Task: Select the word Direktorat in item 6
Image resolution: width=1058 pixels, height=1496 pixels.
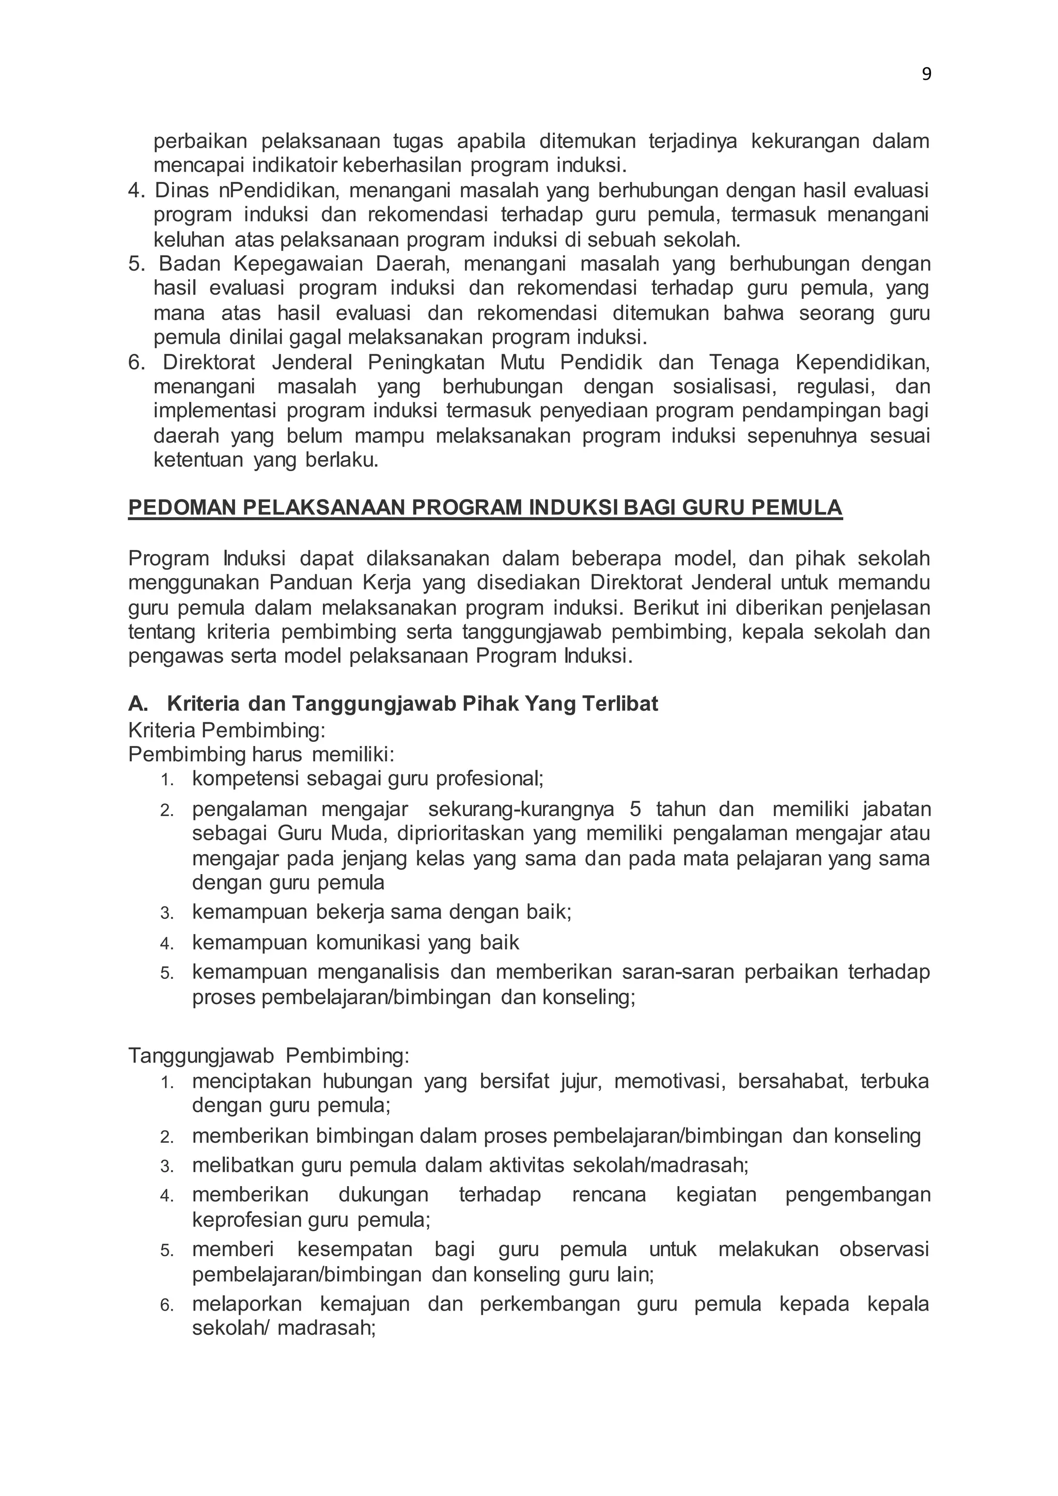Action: [209, 362]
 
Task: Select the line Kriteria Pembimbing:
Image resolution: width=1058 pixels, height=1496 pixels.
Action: [227, 730]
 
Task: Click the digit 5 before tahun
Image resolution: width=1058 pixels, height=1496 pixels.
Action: [635, 809]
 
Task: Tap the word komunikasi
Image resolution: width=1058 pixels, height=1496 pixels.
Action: [369, 942]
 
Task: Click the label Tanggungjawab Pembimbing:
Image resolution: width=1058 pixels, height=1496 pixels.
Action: [269, 1055]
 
